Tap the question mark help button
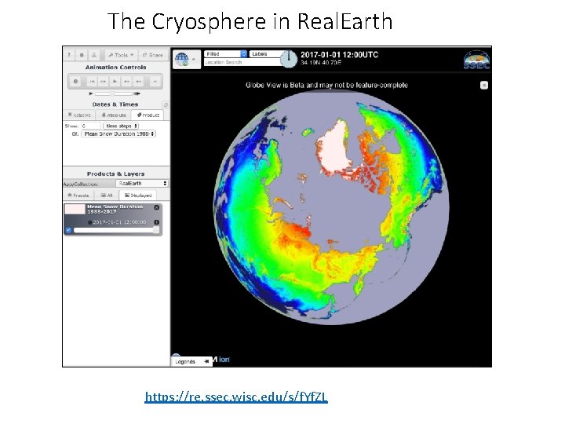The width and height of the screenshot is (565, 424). click(70, 55)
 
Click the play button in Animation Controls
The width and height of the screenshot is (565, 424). click(115, 81)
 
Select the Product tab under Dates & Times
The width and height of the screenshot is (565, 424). click(146, 115)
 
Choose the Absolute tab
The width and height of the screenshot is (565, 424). click(114, 115)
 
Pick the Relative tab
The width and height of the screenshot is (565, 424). click(81, 115)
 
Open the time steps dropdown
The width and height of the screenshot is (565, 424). click(122, 125)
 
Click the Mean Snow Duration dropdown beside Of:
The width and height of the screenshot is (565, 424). click(118, 133)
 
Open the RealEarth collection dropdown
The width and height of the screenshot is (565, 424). click(135, 183)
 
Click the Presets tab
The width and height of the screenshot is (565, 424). click(79, 194)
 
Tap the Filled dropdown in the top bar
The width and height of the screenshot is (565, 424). click(226, 54)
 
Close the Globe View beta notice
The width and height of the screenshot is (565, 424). click(484, 85)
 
